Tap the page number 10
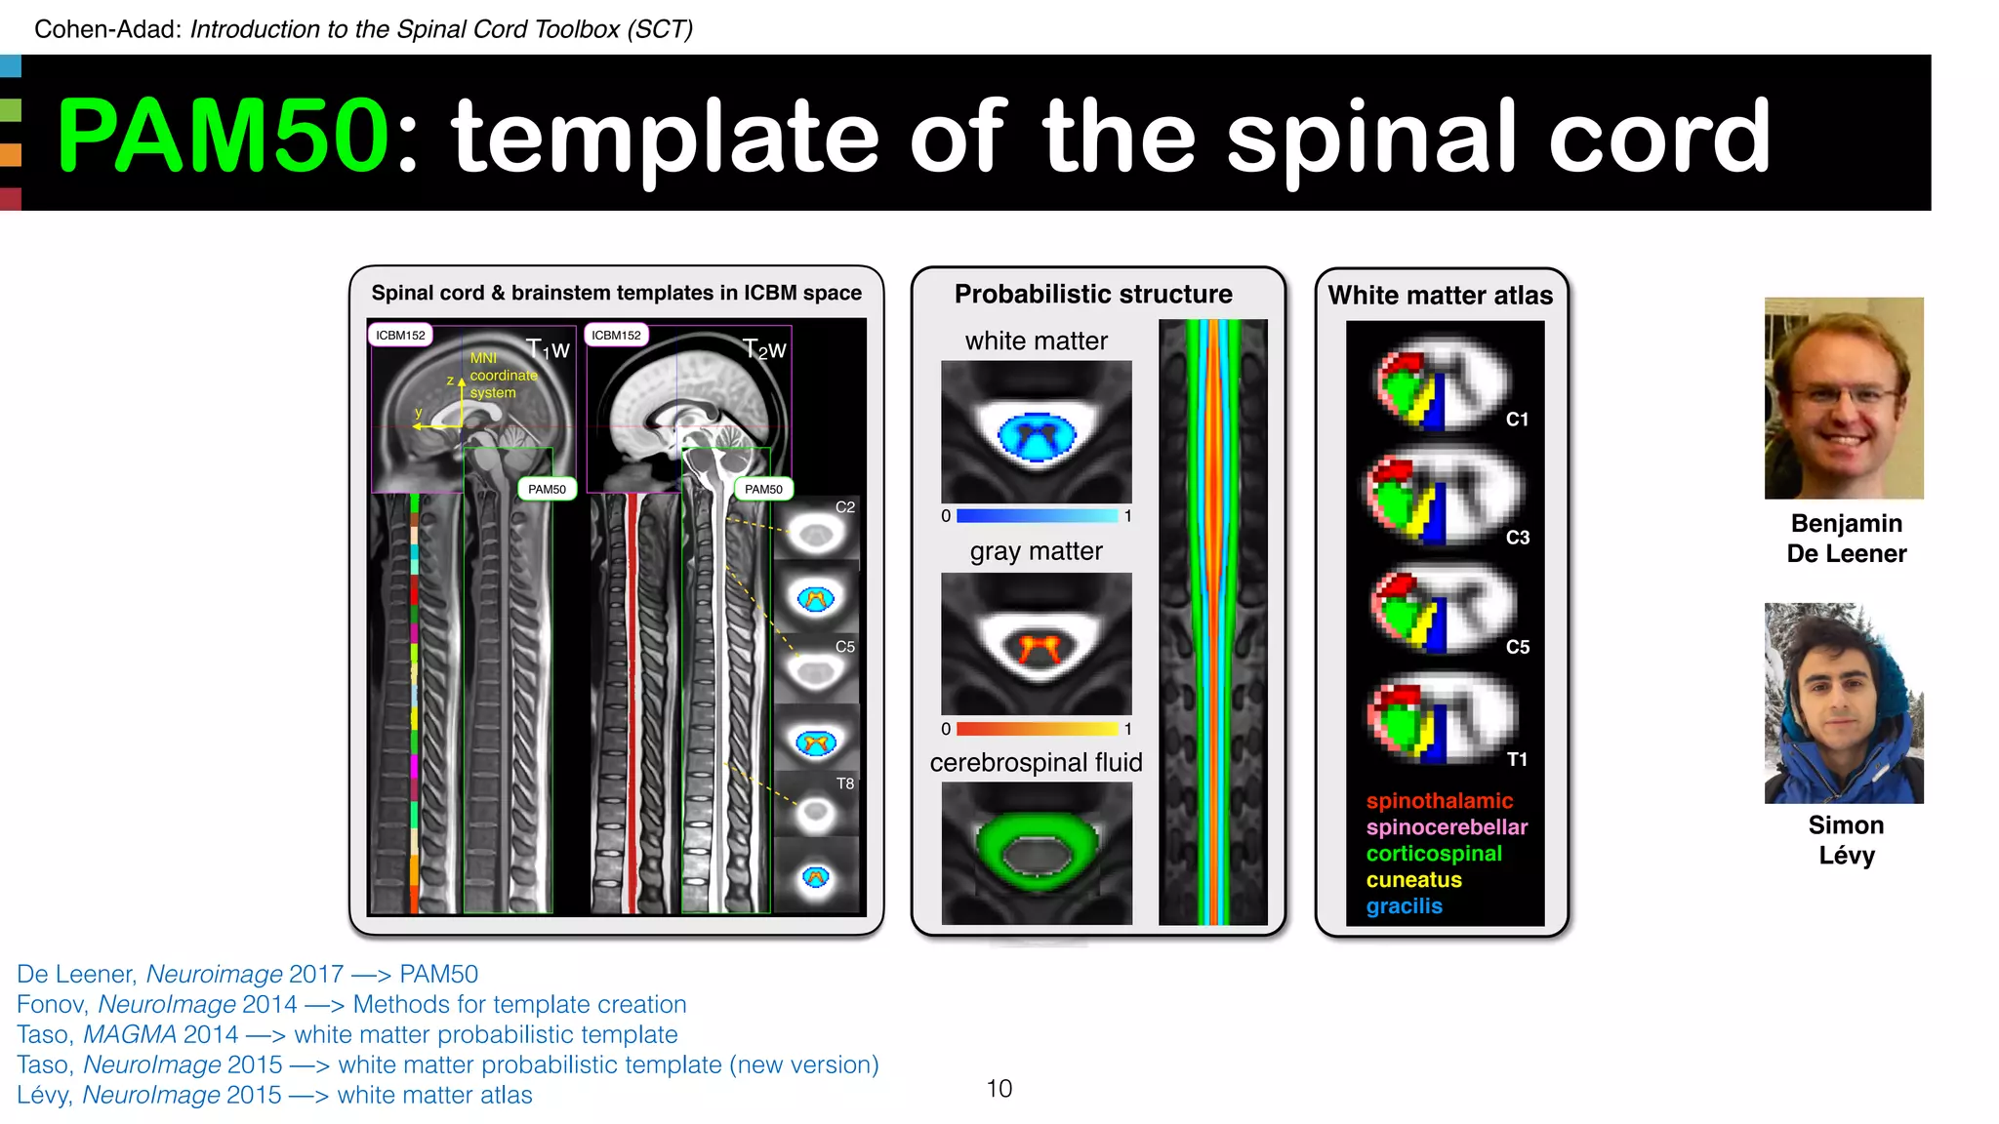tap(999, 1088)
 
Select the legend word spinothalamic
tap(1439, 801)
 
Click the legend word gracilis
tap(1404, 906)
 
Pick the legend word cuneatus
tap(1413, 880)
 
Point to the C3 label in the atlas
tap(1517, 538)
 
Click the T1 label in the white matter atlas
tap(1516, 759)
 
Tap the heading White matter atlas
tap(1440, 296)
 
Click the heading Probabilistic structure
tap(1093, 294)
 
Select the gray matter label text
tap(1036, 551)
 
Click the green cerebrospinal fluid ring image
tap(1036, 853)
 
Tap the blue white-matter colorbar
tap(1037, 515)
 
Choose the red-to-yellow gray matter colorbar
tap(1037, 729)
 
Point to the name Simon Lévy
tap(1846, 839)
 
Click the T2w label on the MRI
tap(763, 349)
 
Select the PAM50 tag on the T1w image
tap(547, 489)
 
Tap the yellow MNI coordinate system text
tap(502, 376)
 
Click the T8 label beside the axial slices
tap(844, 783)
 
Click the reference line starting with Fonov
tap(351, 1004)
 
